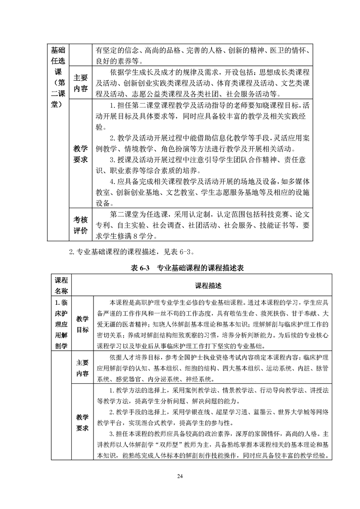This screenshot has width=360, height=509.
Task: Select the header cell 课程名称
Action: coord(61,285)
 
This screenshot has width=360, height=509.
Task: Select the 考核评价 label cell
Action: coord(80,225)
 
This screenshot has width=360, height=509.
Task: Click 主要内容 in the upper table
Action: coord(80,83)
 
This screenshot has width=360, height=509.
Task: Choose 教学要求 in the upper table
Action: coord(80,155)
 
